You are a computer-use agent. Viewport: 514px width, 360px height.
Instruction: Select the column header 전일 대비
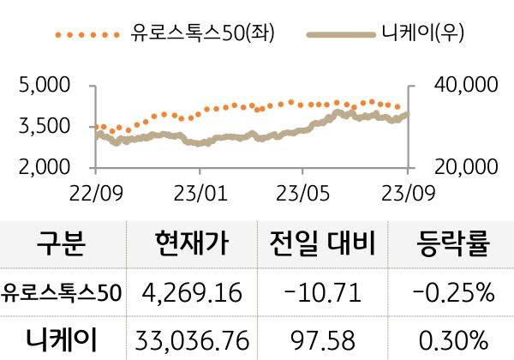(323, 245)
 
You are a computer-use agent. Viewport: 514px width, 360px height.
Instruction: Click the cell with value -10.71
(323, 294)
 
